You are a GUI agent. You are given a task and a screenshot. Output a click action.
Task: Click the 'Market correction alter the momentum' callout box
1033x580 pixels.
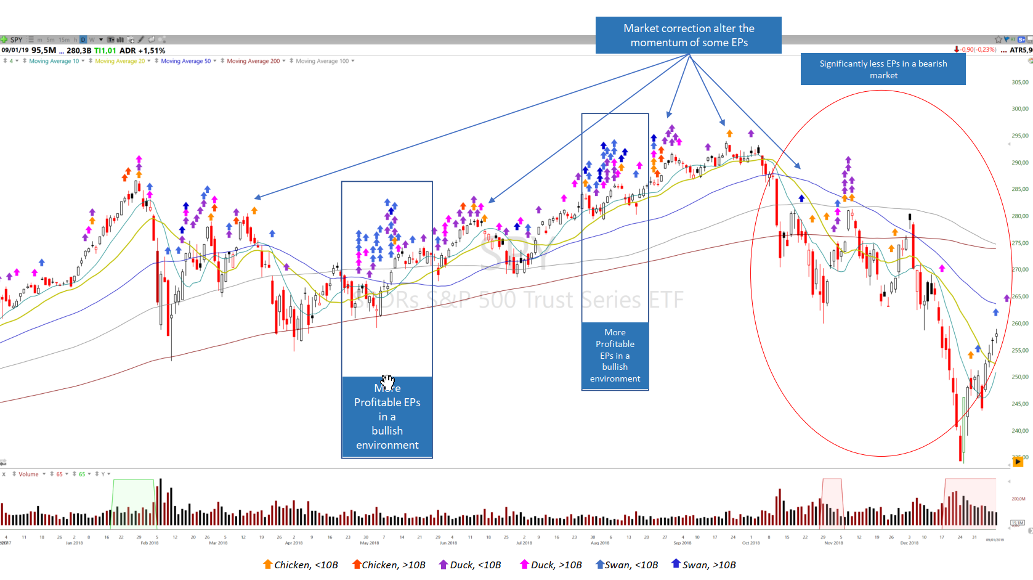click(688, 35)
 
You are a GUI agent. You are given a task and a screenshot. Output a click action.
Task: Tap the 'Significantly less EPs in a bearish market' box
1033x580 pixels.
click(883, 69)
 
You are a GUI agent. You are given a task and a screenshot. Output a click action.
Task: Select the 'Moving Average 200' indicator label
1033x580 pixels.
click(253, 61)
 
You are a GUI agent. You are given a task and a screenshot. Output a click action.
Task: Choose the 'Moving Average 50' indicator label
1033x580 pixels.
click(185, 61)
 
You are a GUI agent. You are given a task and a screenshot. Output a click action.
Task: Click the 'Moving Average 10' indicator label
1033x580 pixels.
click(54, 61)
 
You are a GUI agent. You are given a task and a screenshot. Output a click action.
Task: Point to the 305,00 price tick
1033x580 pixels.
click(1019, 82)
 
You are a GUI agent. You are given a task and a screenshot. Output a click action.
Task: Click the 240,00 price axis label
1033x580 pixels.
click(1019, 431)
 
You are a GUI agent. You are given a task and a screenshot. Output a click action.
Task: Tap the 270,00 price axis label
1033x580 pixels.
click(1019, 269)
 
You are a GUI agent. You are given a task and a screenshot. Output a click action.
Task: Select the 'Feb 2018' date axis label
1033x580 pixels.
click(149, 543)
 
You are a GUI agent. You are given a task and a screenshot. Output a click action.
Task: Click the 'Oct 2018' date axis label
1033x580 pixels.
click(751, 543)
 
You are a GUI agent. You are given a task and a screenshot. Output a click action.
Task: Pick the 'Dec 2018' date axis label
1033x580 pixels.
click(909, 543)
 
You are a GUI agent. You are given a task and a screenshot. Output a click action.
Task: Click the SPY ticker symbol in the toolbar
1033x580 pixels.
click(16, 40)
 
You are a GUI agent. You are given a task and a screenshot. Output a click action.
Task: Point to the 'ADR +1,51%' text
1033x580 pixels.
click(142, 51)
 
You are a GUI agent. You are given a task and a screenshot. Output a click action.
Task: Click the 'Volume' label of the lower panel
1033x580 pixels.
click(28, 474)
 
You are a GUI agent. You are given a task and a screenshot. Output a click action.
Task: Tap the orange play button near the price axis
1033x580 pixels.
click(1018, 461)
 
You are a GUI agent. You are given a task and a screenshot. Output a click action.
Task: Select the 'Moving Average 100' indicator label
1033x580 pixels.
click(322, 61)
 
